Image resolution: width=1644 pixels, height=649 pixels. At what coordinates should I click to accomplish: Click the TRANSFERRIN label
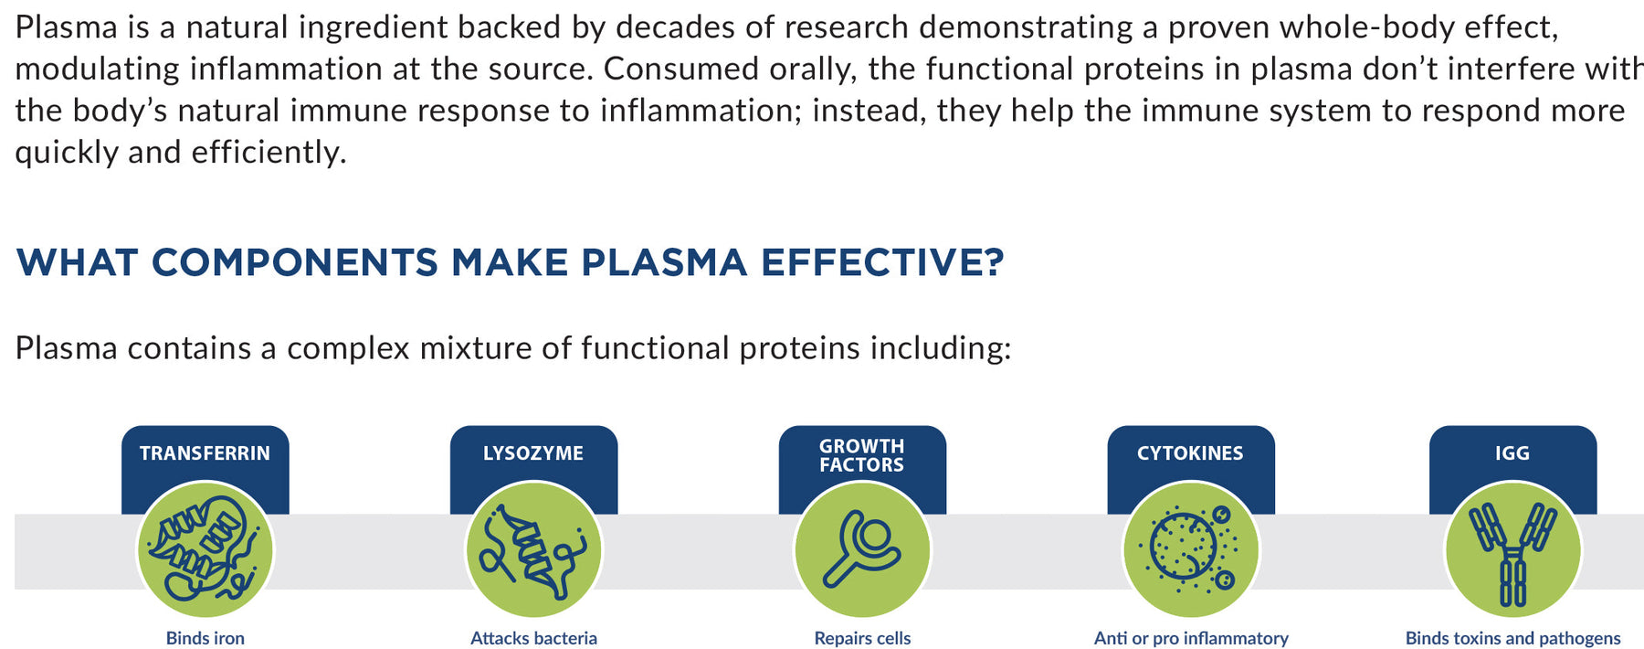pyautogui.click(x=205, y=453)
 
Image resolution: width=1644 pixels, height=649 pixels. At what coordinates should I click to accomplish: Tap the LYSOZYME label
pyautogui.click(x=533, y=453)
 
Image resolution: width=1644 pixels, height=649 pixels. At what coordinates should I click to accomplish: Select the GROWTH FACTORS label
pyautogui.click(x=862, y=455)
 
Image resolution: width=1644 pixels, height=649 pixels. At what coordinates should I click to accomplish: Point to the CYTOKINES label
pyautogui.click(x=1190, y=453)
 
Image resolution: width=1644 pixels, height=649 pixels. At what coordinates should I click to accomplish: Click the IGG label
pyautogui.click(x=1512, y=453)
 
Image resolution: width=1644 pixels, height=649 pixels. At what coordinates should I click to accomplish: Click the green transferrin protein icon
pyautogui.click(x=205, y=550)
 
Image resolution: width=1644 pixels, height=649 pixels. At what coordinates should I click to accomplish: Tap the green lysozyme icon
pyautogui.click(x=534, y=550)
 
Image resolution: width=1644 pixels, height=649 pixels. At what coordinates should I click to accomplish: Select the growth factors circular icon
pyautogui.click(x=863, y=550)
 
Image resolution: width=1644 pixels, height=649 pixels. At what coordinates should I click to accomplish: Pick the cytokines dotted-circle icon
pyautogui.click(x=1191, y=550)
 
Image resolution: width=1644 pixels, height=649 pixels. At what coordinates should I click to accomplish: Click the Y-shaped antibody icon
pyautogui.click(x=1513, y=550)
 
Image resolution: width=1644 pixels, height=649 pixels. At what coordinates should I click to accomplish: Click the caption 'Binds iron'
pyautogui.click(x=205, y=638)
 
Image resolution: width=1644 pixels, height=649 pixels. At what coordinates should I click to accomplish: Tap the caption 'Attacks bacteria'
pyautogui.click(x=534, y=638)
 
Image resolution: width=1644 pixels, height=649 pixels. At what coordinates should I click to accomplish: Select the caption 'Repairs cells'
pyautogui.click(x=863, y=638)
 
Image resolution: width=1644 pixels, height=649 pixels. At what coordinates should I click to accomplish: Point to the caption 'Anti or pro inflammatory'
pyautogui.click(x=1192, y=638)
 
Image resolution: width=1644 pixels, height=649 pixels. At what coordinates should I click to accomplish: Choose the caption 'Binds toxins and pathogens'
pyautogui.click(x=1513, y=638)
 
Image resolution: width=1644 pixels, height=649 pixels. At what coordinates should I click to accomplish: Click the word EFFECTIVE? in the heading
pyautogui.click(x=882, y=262)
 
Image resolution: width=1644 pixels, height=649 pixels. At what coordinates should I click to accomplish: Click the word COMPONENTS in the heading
pyautogui.click(x=294, y=262)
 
